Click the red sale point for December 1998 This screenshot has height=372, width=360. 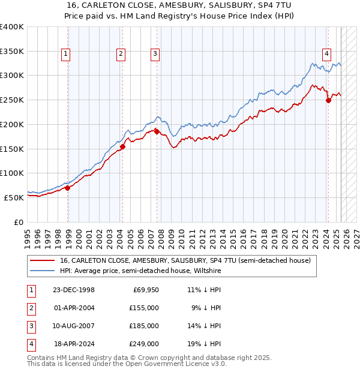coord(68,188)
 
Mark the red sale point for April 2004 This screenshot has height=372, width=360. coord(122,146)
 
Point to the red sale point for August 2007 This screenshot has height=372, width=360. coord(157,131)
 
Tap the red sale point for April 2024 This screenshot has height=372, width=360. coord(328,100)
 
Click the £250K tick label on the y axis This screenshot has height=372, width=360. coord(12,100)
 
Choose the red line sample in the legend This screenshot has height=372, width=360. coord(41,260)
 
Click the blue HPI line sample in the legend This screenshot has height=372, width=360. coord(41,271)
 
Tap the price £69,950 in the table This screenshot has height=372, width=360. coord(146,290)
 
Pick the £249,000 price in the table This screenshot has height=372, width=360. coord(145,344)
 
